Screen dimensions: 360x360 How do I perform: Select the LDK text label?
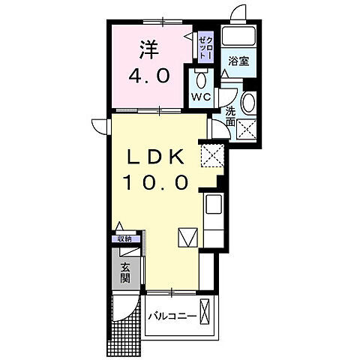pyautogui.click(x=155, y=155)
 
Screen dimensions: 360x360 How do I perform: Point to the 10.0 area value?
pyautogui.click(x=155, y=181)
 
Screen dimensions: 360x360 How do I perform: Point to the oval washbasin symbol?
pyautogui.click(x=249, y=103)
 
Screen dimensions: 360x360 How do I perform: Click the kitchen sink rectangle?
pyautogui.click(x=213, y=205)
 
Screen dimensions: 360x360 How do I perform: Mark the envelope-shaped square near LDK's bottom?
pyautogui.click(x=188, y=237)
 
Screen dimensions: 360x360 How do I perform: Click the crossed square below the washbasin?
pyautogui.click(x=248, y=130)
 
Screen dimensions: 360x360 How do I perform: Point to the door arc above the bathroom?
pyautogui.click(x=238, y=13)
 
